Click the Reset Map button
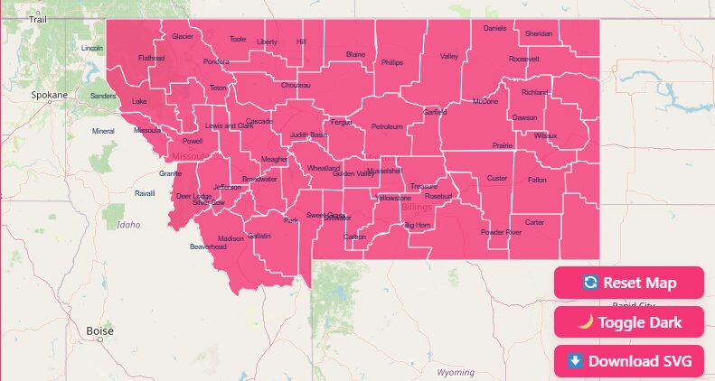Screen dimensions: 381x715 (x=629, y=283)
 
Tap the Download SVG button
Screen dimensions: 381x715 (x=629, y=361)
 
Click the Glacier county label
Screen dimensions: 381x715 (x=183, y=37)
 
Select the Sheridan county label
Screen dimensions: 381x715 (x=539, y=33)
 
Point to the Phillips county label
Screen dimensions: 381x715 (x=391, y=63)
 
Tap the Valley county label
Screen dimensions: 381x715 (x=449, y=57)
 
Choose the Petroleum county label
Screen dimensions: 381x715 (x=387, y=126)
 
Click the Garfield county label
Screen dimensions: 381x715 (x=435, y=113)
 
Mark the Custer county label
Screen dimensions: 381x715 (x=497, y=179)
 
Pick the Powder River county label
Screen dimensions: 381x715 (x=501, y=233)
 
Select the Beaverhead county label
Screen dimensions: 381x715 (x=207, y=246)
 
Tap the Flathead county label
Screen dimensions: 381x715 (x=151, y=58)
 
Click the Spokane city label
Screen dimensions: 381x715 (x=49, y=95)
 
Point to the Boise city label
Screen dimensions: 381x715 (x=99, y=331)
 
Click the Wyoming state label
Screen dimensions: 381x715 (x=455, y=372)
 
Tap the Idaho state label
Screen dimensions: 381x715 (x=129, y=225)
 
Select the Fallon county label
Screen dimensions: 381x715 (x=537, y=180)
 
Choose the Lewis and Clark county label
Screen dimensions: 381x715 (x=229, y=125)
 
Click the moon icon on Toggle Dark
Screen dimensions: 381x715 (x=585, y=322)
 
